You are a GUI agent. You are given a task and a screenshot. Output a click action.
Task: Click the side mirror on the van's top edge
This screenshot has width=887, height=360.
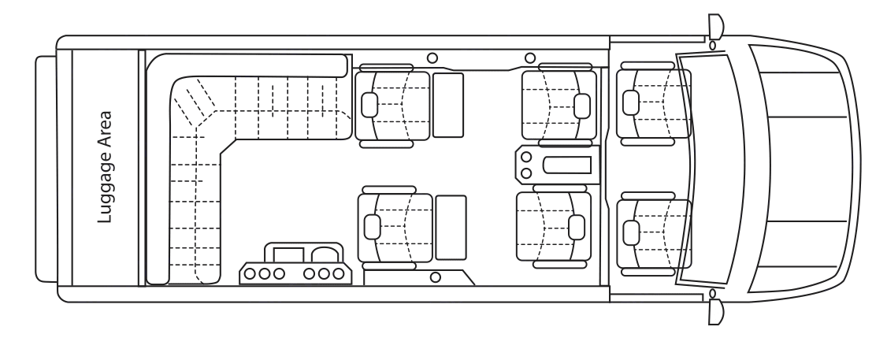(715, 28)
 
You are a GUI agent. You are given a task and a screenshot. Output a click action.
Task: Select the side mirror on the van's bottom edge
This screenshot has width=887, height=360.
(715, 310)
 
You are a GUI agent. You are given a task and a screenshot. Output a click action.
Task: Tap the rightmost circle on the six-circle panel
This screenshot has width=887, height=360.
(338, 273)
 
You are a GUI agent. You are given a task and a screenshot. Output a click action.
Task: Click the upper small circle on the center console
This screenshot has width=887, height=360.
(525, 158)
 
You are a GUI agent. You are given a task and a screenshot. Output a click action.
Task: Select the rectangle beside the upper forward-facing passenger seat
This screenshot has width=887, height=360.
(447, 105)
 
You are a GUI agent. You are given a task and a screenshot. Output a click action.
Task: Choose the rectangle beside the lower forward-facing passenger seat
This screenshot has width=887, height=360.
(451, 227)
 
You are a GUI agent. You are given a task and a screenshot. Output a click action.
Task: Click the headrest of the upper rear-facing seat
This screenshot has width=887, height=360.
(582, 105)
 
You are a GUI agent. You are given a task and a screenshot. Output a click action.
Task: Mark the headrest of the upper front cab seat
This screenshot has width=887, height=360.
(631, 102)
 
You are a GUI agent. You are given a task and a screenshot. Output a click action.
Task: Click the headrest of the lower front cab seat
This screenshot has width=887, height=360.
(631, 232)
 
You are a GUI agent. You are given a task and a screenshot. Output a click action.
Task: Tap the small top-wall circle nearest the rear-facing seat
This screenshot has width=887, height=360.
(529, 58)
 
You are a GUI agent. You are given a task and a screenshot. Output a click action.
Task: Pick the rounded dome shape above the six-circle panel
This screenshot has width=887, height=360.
(325, 252)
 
